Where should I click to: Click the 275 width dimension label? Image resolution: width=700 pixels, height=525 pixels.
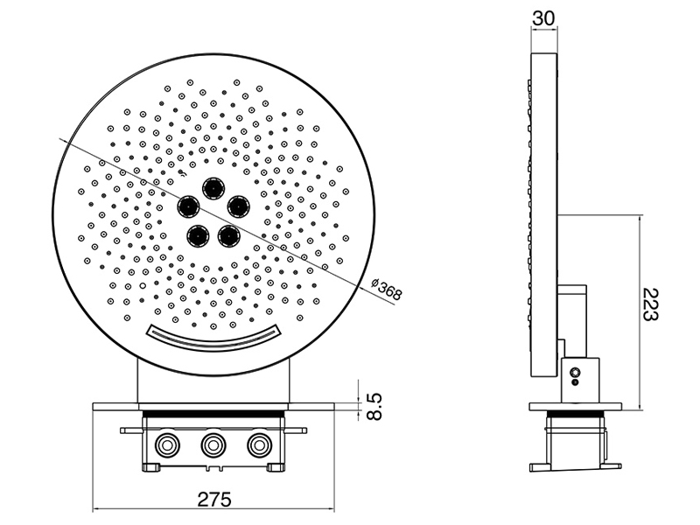(214, 499)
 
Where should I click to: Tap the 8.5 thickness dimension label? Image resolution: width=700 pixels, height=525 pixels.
(374, 406)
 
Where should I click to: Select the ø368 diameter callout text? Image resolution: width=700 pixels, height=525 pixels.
(387, 289)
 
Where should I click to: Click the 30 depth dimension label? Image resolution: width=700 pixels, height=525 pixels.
(543, 18)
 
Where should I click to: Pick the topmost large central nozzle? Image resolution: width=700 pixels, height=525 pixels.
(213, 189)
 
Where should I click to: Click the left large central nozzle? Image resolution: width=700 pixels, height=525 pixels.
(189, 206)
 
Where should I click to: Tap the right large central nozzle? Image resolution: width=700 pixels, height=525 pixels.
(238, 206)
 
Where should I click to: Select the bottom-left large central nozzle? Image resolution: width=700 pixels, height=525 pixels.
(198, 235)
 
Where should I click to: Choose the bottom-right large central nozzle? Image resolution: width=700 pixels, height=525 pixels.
(229, 235)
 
